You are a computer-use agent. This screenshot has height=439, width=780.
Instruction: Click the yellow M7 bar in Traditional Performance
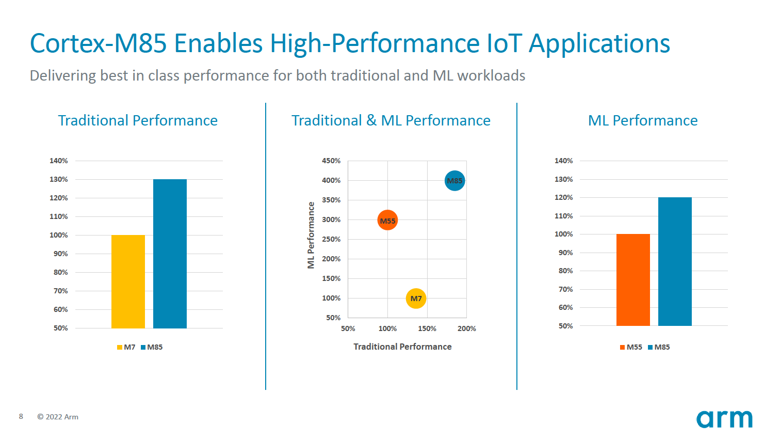128,281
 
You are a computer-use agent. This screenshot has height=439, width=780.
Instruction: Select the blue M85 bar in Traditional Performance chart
170,254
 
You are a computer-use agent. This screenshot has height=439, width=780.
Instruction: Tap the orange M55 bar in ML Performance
633,280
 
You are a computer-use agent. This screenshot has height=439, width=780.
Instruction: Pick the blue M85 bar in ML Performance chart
675,261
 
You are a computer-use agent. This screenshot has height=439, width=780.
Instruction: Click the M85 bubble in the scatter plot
454,181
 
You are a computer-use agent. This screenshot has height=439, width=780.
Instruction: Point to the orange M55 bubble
387,221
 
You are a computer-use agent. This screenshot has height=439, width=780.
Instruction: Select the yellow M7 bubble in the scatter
416,299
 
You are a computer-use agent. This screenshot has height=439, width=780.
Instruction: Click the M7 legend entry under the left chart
126,347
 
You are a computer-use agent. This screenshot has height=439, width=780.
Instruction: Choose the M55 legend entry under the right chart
631,347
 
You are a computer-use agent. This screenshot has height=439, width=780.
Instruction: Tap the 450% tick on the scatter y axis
331,161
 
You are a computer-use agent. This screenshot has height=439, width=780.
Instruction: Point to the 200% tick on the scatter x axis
466,328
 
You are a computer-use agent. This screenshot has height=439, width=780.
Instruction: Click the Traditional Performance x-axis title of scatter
402,347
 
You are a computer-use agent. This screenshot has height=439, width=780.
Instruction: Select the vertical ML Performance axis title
311,235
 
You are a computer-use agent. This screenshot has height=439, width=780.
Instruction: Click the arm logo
724,419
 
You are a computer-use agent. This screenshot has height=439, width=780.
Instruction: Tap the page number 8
21,416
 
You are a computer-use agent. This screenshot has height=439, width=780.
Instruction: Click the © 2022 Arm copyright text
58,417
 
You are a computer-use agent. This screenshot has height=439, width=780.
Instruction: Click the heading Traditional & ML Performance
391,120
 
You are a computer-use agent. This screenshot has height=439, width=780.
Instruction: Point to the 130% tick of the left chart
59,179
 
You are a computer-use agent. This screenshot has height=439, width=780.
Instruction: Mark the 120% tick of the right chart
563,197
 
